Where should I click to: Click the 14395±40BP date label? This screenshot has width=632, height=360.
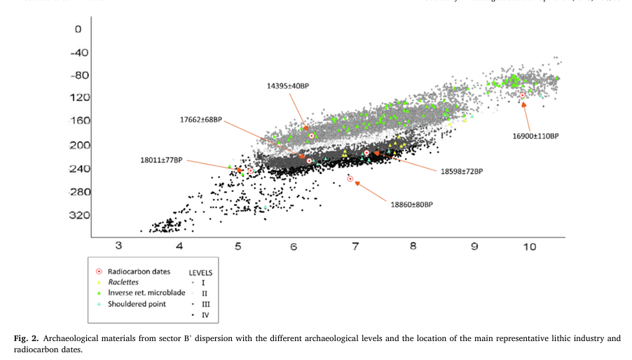[x=288, y=86]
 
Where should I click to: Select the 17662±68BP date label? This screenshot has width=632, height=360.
[x=201, y=120]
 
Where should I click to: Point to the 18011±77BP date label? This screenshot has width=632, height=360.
[x=161, y=160]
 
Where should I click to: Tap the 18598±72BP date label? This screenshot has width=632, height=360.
[x=462, y=171]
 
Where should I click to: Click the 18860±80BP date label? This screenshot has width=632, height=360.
[x=412, y=205]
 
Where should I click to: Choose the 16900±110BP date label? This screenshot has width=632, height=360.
[x=536, y=136]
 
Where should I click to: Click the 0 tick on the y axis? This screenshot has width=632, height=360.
[x=78, y=29]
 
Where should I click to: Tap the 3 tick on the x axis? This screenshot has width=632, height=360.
[x=118, y=247]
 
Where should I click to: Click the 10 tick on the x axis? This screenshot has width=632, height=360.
[x=530, y=247]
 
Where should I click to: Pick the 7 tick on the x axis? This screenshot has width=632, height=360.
[x=355, y=247]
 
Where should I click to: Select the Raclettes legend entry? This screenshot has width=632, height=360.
[x=122, y=281]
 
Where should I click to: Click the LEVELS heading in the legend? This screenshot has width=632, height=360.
[x=200, y=271]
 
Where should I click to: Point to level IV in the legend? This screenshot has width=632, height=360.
[x=205, y=315]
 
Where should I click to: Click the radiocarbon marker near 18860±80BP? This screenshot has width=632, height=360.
[x=350, y=179]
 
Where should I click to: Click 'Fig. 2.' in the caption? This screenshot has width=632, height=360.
[x=26, y=339]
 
